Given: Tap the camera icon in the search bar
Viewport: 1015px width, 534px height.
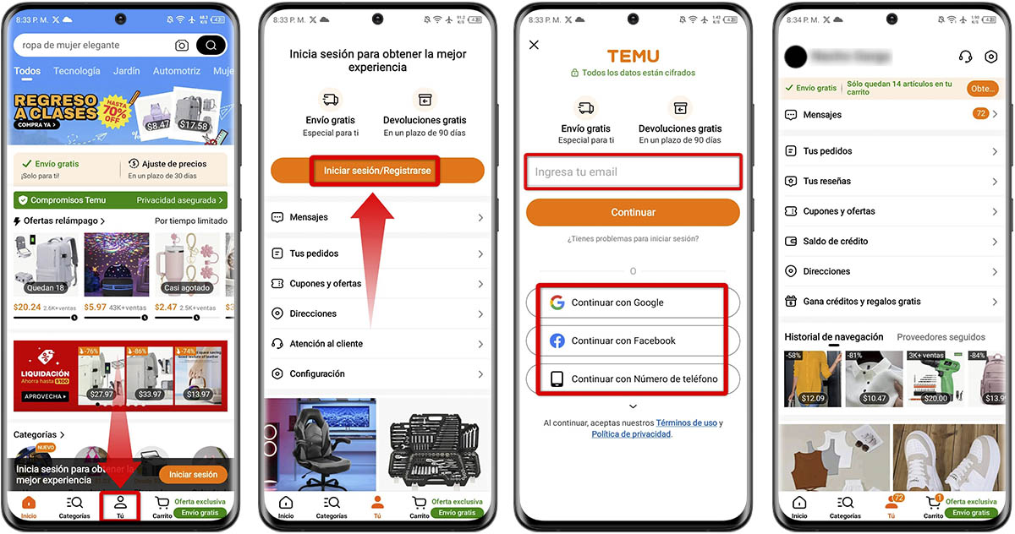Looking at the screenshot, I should coord(182,46).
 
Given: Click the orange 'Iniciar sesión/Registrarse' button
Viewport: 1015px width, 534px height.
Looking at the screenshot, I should coord(377,171).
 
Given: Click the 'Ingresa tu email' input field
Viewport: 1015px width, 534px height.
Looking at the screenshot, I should coord(633,172).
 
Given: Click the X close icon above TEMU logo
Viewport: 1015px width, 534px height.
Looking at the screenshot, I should coord(534,45).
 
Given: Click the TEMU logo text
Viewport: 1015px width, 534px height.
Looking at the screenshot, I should coord(633,56).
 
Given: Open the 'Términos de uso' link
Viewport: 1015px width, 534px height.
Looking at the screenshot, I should coord(686,422).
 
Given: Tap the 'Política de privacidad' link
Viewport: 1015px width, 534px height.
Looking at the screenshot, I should coord(631,434).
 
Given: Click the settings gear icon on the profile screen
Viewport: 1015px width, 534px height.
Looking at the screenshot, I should coord(991,57).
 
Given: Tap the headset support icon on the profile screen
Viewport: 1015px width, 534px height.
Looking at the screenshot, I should coord(965,57).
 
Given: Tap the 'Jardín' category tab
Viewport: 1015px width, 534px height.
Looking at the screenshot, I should coord(126,72).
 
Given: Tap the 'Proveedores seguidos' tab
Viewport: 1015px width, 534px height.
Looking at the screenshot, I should coord(941,337).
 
